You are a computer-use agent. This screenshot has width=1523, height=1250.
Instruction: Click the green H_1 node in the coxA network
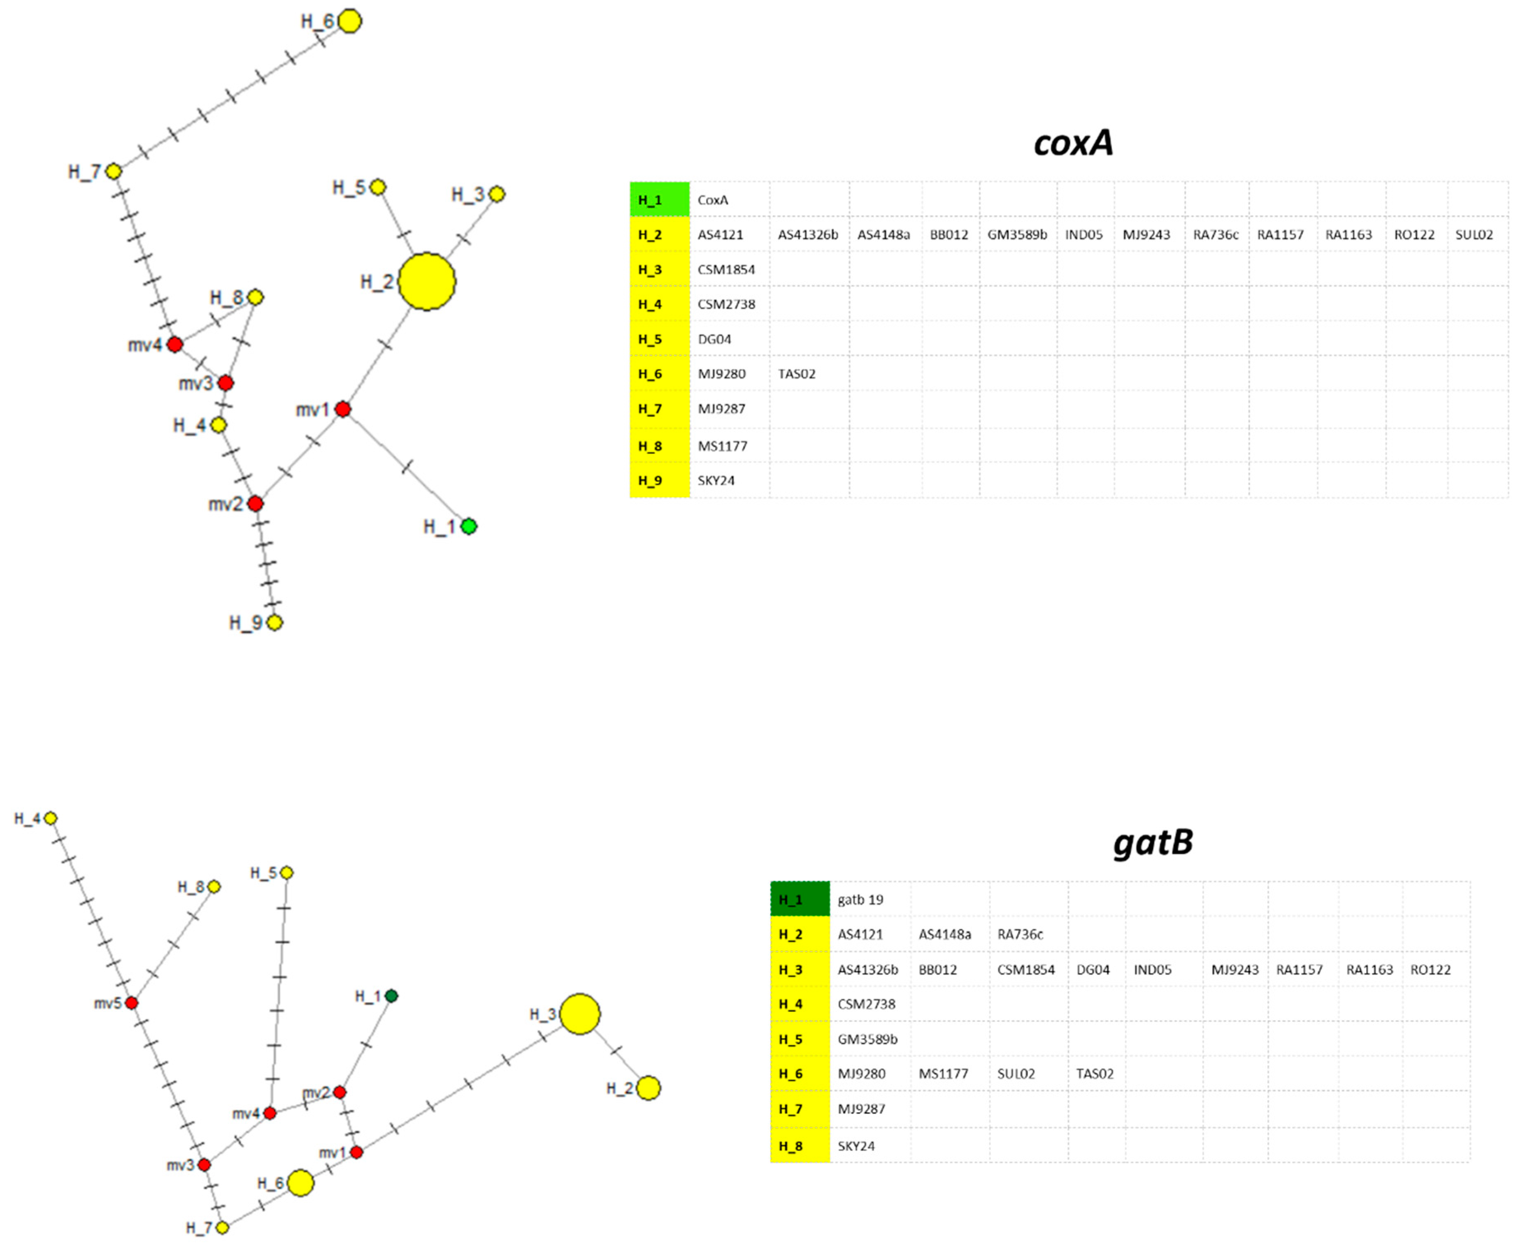(468, 526)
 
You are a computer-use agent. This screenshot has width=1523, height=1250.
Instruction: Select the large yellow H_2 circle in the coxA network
(426, 281)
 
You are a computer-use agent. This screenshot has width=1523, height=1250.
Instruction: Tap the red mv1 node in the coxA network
(343, 409)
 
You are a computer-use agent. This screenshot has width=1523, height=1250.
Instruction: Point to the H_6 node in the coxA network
(349, 21)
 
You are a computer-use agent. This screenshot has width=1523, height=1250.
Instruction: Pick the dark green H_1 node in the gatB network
(391, 996)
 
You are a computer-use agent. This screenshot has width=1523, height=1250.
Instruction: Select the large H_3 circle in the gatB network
(580, 1014)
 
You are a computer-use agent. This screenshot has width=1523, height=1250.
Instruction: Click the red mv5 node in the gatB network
(131, 1002)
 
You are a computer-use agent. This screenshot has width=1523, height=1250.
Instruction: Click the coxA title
(1074, 143)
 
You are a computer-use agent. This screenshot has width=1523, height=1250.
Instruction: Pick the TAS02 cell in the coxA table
(797, 374)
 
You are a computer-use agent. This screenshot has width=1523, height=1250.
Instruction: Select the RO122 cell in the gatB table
(1430, 969)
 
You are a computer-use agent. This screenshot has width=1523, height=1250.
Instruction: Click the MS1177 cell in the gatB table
(943, 1074)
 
